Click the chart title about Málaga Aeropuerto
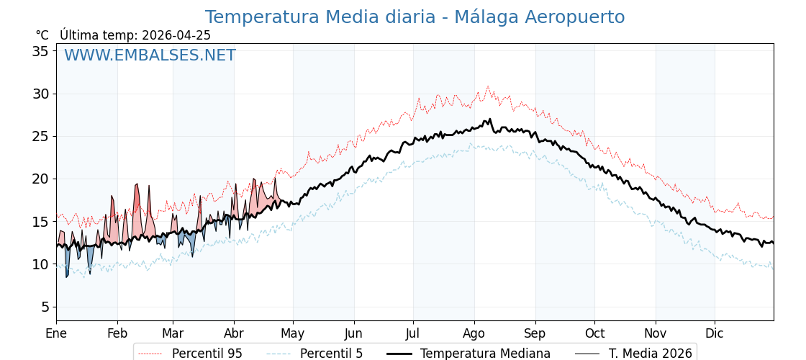click(x=415, y=17)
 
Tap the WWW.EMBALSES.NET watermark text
click(x=150, y=55)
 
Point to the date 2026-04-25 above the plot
click(x=176, y=35)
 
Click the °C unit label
click(x=42, y=35)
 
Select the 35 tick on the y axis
click(x=40, y=51)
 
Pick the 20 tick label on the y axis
click(x=40, y=179)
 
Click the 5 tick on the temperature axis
click(x=45, y=307)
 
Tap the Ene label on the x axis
click(x=56, y=333)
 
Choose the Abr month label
click(x=234, y=333)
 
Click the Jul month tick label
click(x=413, y=333)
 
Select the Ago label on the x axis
click(x=474, y=333)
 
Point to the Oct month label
click(x=594, y=333)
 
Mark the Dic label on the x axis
click(x=715, y=333)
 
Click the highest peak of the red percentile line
click(x=487, y=86)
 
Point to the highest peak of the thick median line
click(x=490, y=120)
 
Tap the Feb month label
click(x=117, y=333)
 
